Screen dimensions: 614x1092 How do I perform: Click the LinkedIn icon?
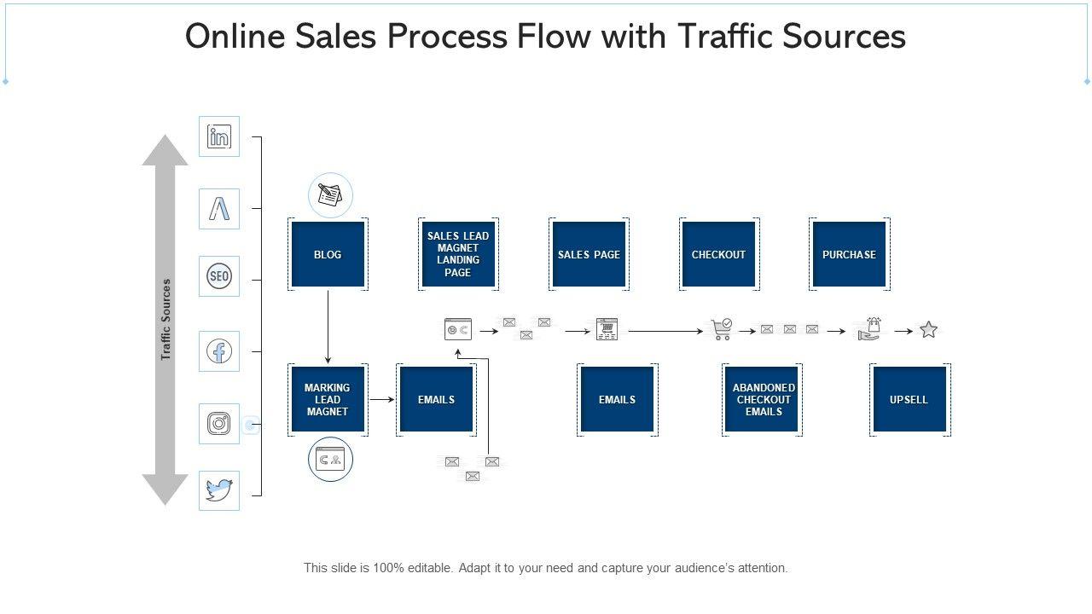pyautogui.click(x=219, y=136)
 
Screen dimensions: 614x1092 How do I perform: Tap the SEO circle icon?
pyautogui.click(x=219, y=276)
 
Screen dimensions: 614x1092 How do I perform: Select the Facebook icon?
pyautogui.click(x=219, y=351)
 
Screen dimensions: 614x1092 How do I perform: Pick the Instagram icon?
pyautogui.click(x=219, y=424)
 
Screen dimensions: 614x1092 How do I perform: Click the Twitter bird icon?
pyautogui.click(x=219, y=490)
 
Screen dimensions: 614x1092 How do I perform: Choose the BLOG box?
pyautogui.click(x=328, y=254)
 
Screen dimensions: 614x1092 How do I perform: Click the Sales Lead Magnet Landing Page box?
pyautogui.click(x=458, y=254)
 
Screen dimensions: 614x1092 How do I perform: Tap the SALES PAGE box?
pyautogui.click(x=589, y=254)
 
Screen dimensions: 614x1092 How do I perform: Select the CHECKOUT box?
pyautogui.click(x=718, y=254)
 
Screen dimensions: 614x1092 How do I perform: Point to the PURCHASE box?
pyautogui.click(x=849, y=254)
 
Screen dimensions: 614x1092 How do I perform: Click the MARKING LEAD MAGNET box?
pyautogui.click(x=328, y=399)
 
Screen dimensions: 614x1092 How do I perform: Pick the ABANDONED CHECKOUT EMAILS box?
pyautogui.click(x=764, y=399)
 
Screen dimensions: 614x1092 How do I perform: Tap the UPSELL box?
pyautogui.click(x=909, y=399)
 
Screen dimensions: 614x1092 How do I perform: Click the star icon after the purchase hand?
pyautogui.click(x=928, y=330)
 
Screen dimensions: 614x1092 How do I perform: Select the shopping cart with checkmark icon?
pyautogui.click(x=721, y=329)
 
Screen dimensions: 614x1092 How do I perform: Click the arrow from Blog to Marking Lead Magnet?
pyautogui.click(x=328, y=327)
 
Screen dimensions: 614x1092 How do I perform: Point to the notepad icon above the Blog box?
pyautogui.click(x=330, y=195)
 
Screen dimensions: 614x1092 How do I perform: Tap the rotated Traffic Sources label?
pyautogui.click(x=166, y=319)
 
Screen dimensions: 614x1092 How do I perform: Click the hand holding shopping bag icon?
pyautogui.click(x=869, y=329)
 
